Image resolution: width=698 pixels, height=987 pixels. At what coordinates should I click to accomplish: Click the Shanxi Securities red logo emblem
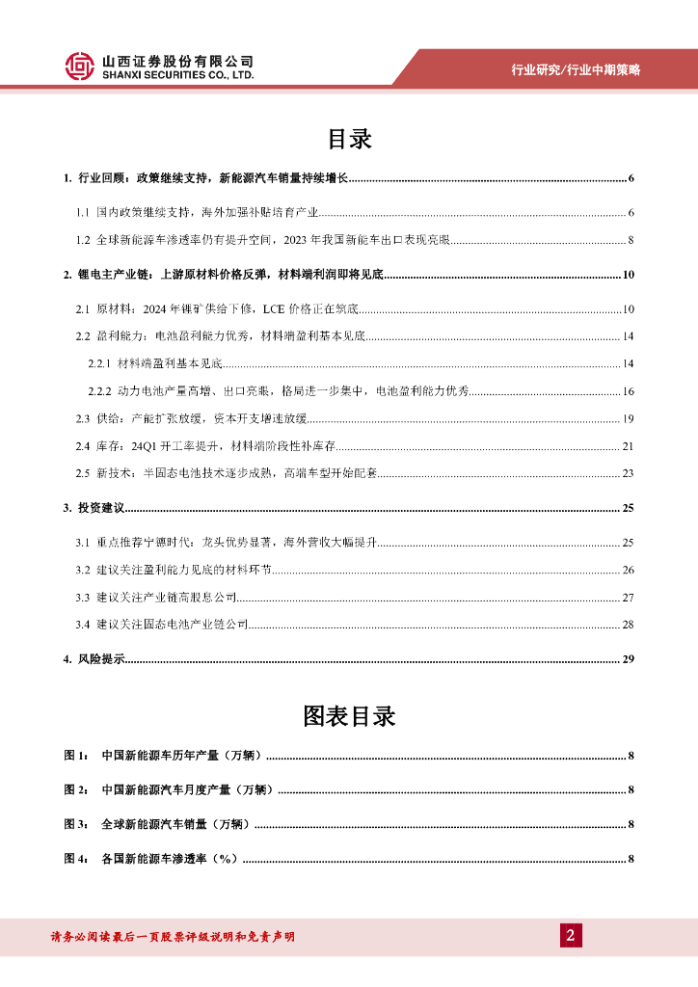80,66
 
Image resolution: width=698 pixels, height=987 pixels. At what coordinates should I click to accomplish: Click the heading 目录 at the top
349,139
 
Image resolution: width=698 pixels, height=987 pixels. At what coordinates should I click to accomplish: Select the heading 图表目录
349,716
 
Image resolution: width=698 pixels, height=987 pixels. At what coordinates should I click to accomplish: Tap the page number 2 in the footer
570,935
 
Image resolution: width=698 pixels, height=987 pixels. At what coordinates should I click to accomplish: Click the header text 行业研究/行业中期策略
576,69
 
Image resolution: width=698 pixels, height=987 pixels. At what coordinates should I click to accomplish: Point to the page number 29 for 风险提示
627,659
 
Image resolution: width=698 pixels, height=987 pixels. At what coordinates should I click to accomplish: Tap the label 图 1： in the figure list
76,755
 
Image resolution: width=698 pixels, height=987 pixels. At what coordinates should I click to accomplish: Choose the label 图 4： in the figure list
76,858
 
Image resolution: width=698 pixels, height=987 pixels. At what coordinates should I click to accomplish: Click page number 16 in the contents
628,390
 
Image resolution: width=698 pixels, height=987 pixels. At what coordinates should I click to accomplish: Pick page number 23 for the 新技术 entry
628,472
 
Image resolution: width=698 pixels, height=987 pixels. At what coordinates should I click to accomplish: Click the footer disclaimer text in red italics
172,937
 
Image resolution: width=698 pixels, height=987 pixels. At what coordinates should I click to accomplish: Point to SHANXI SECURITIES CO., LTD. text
178,74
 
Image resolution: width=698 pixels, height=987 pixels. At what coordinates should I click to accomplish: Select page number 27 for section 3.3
628,599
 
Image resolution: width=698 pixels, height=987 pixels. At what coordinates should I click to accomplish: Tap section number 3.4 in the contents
83,626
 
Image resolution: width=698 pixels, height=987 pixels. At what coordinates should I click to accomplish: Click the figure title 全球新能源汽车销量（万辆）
174,824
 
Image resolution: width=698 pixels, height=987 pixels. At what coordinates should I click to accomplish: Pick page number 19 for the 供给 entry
628,417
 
